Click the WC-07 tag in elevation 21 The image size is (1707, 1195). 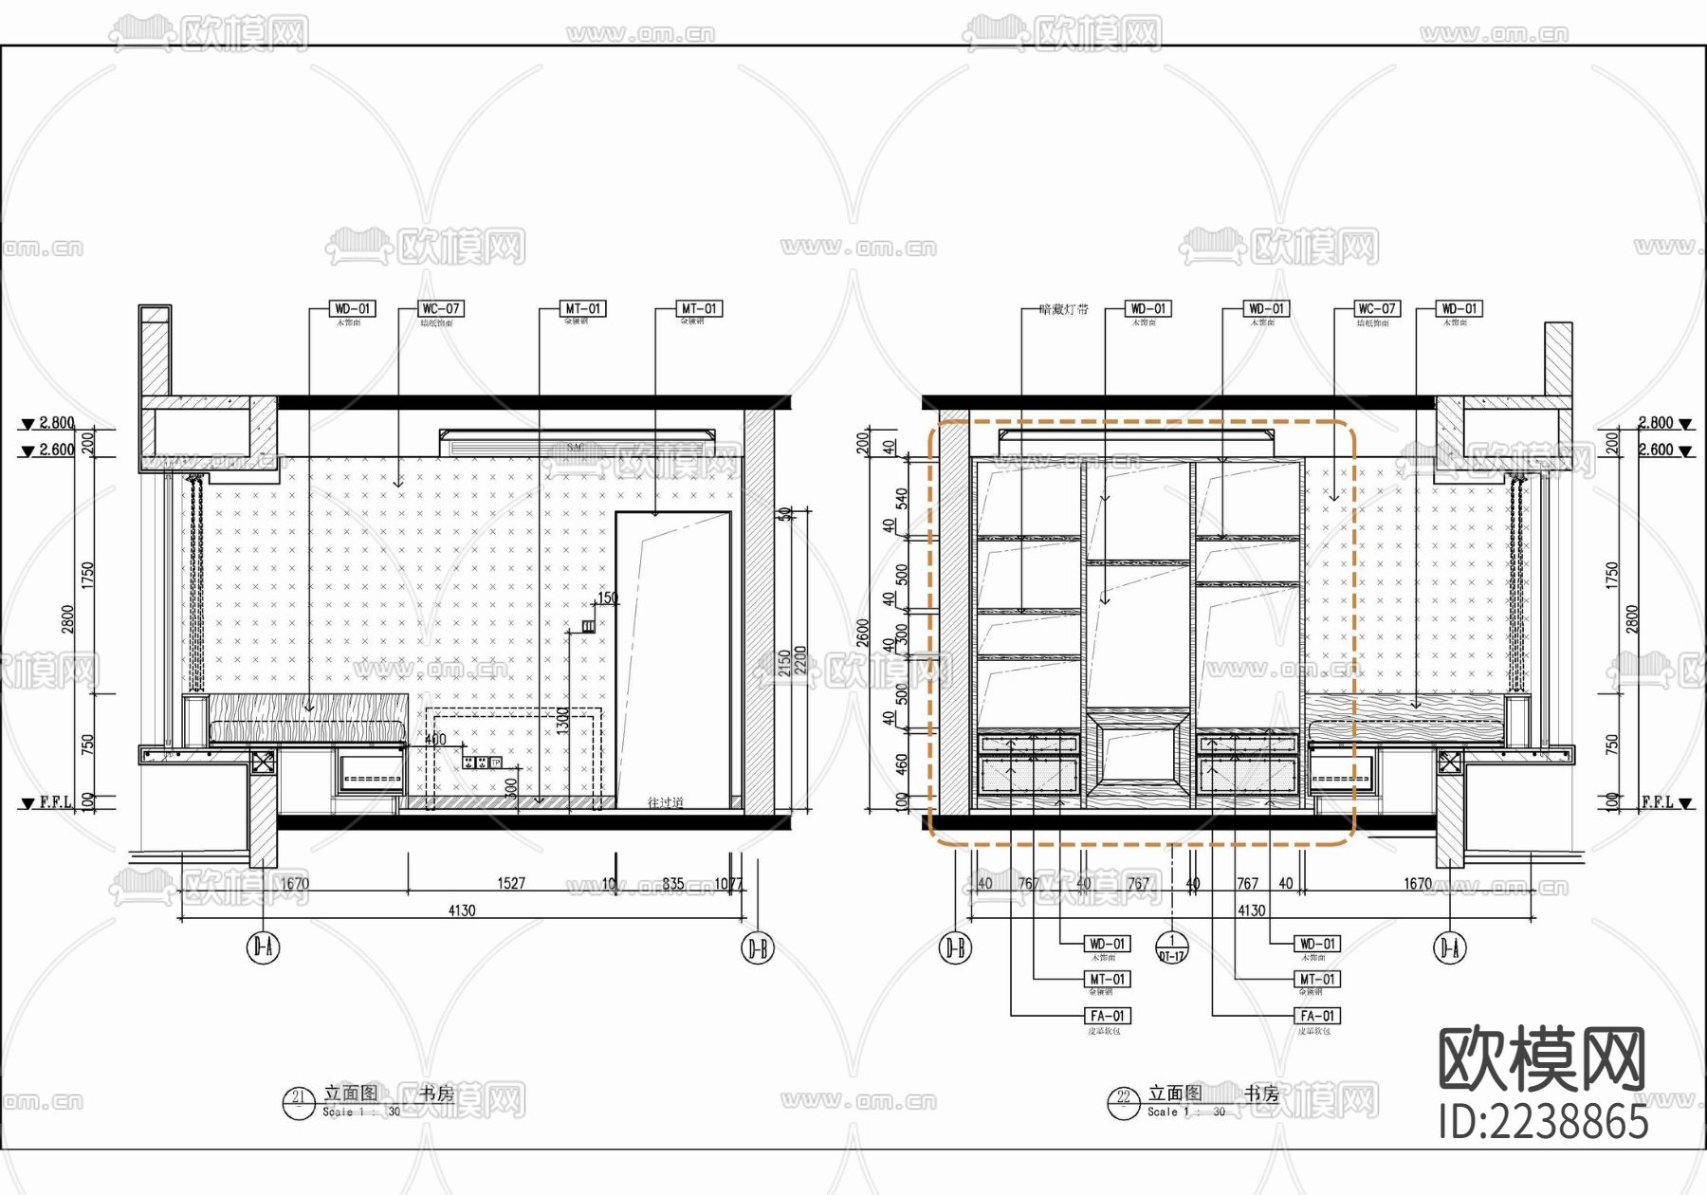[x=441, y=309]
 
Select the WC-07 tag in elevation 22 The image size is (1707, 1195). [x=1376, y=309]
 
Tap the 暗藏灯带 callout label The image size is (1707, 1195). [x=1063, y=309]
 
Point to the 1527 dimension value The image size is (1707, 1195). [x=511, y=883]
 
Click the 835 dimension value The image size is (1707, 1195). [x=673, y=883]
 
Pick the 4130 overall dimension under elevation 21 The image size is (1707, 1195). [x=462, y=910]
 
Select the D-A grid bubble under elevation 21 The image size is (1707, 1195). [x=264, y=947]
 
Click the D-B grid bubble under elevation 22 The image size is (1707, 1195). [x=955, y=947]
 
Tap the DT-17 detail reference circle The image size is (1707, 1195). [x=1171, y=947]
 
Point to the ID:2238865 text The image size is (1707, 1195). [x=1543, y=1122]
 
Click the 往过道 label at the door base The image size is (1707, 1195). [x=665, y=802]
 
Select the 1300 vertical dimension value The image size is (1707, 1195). [x=563, y=721]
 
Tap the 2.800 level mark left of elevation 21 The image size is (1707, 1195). [x=56, y=423]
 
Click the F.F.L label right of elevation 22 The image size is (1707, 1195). [x=1658, y=802]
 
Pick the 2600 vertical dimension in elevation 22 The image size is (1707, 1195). [x=863, y=633]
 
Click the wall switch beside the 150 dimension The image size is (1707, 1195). [x=588, y=626]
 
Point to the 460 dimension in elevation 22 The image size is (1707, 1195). [x=902, y=762]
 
